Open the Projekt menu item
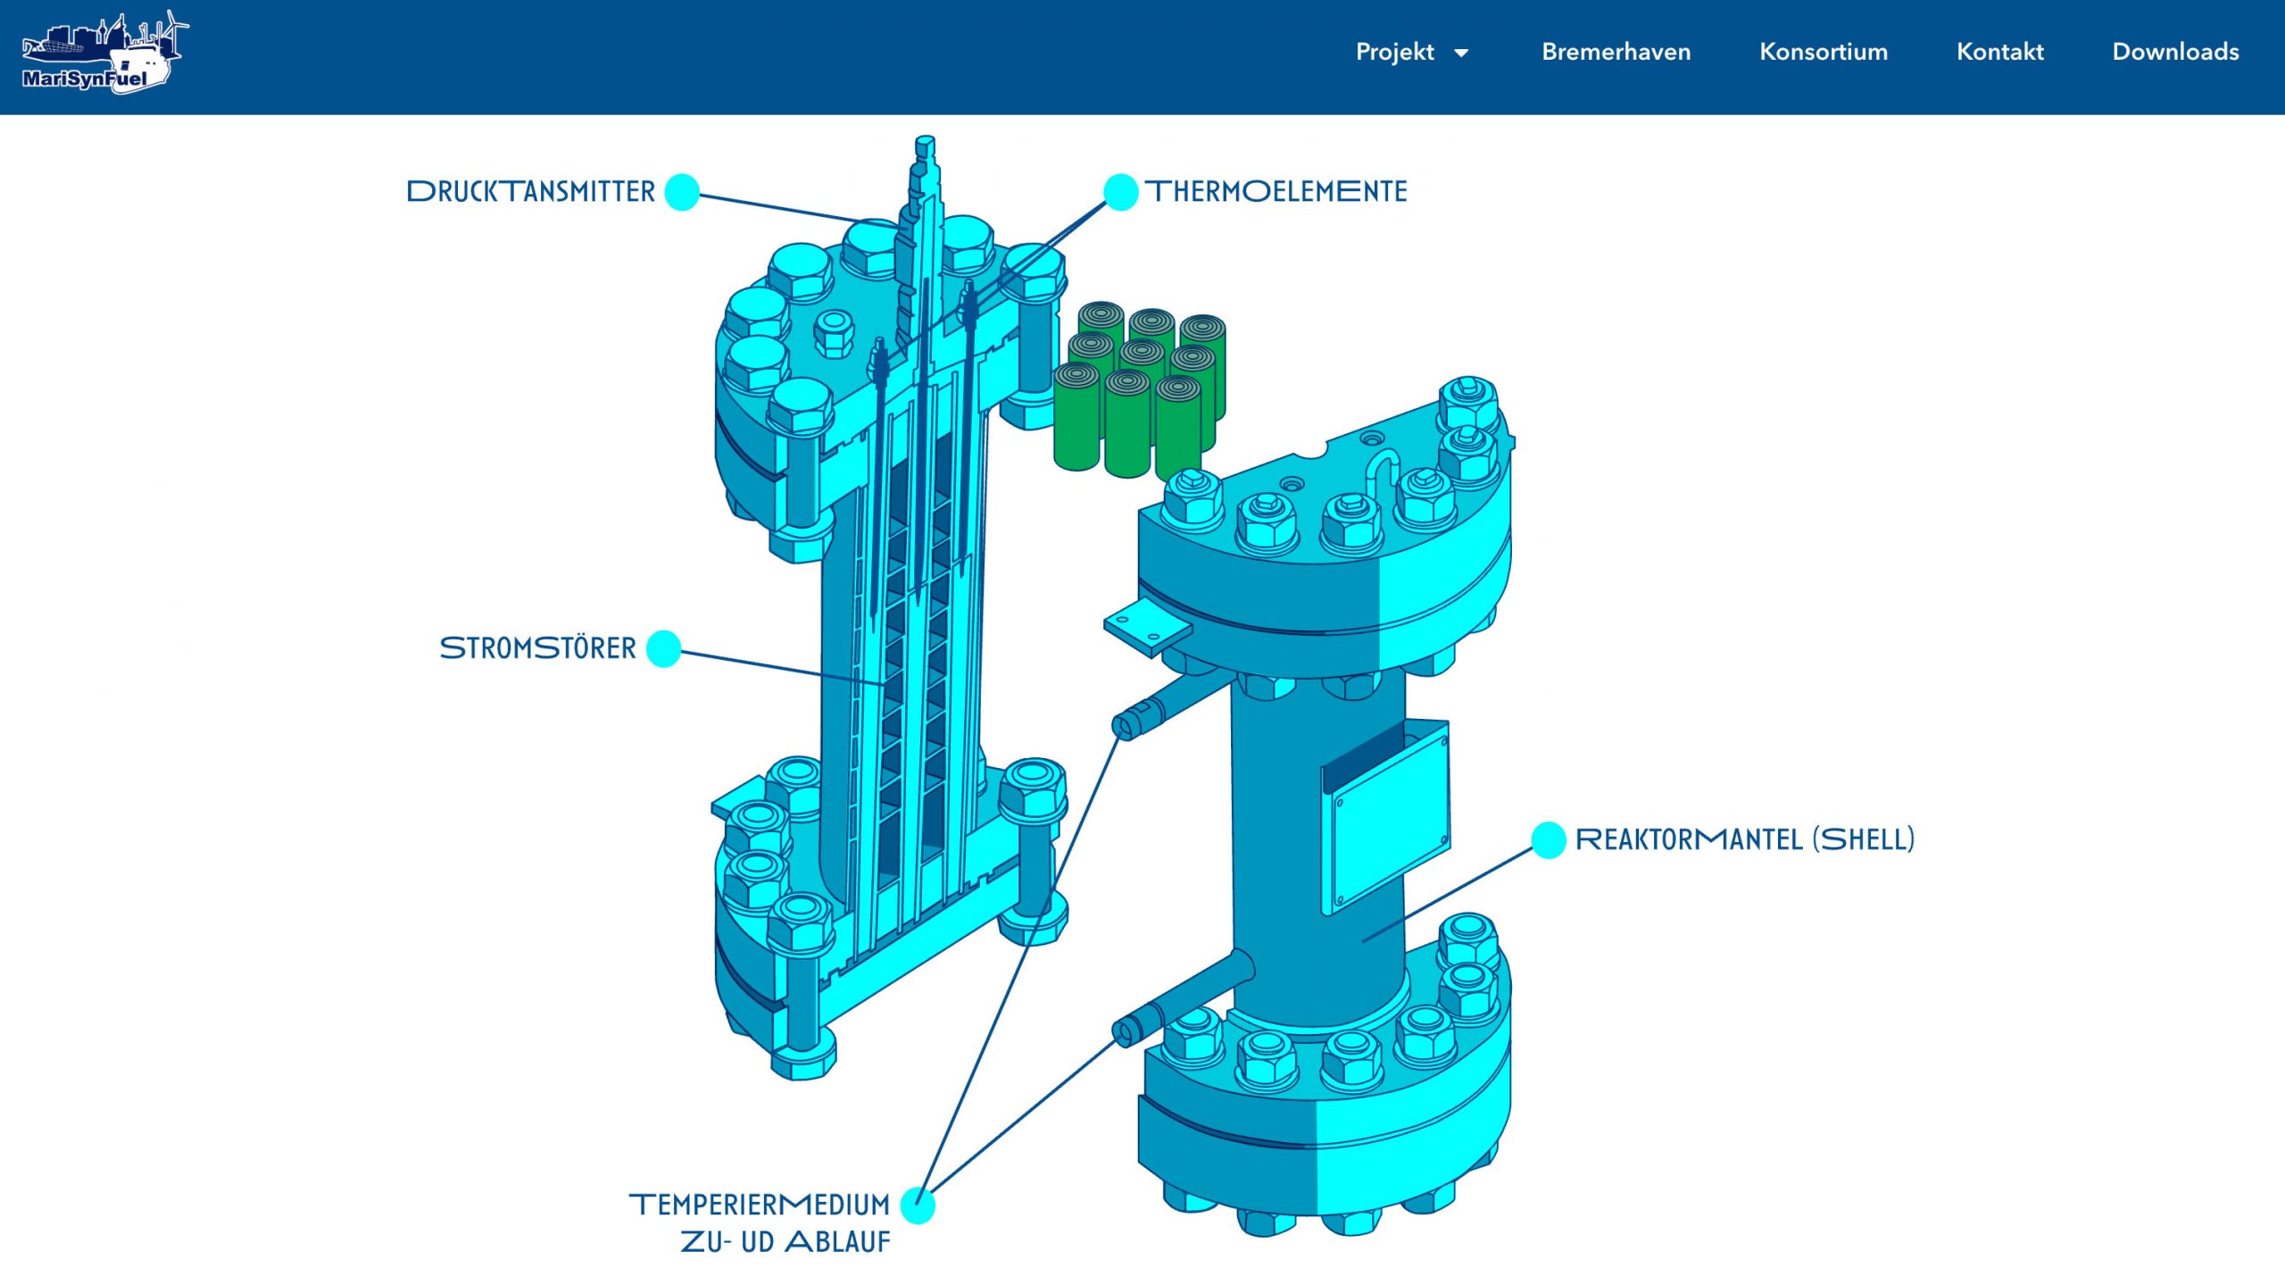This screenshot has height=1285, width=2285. (x=1394, y=52)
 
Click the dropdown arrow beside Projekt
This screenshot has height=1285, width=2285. (x=1461, y=54)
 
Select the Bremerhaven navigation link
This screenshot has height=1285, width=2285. (x=1616, y=52)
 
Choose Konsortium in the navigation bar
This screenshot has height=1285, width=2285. (x=1823, y=52)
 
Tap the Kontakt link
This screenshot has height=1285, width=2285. (x=1999, y=52)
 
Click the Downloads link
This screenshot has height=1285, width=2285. (x=2174, y=52)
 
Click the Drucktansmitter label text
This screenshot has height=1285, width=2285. (x=531, y=192)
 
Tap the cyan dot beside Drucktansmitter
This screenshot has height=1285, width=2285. (x=682, y=192)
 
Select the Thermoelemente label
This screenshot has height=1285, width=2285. (x=1276, y=191)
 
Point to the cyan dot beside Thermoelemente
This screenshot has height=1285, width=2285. (x=1120, y=192)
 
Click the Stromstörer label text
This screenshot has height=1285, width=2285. (x=537, y=648)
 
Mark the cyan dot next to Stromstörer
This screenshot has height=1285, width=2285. (x=663, y=648)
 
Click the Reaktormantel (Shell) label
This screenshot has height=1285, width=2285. (x=1744, y=839)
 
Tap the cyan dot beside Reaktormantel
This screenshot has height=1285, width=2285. (x=1549, y=839)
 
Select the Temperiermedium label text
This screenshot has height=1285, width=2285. (x=760, y=1206)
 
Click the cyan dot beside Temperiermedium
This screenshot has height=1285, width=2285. (x=918, y=1206)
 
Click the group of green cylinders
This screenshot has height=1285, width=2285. (x=1138, y=388)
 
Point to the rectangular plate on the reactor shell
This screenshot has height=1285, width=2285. (x=1388, y=817)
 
